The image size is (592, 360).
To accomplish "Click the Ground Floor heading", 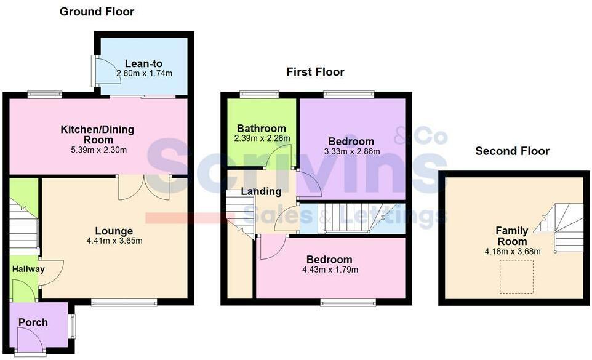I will (97, 12).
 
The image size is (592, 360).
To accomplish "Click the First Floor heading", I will (315, 72).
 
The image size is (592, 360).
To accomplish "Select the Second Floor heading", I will (512, 151).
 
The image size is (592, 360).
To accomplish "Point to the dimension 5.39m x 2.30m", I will (97, 150).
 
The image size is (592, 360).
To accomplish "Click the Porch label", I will (33, 322).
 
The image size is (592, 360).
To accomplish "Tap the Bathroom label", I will (262, 129).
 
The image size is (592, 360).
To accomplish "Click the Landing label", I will (261, 192).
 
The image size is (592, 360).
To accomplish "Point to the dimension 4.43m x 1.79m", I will (331, 270).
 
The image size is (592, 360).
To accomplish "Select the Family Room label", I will (512, 236).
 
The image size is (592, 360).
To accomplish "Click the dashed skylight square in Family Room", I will (516, 276).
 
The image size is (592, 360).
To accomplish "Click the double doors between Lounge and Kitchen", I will (144, 187).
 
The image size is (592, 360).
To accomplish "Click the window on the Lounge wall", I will (124, 302).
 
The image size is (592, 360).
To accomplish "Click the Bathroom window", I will (258, 94).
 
